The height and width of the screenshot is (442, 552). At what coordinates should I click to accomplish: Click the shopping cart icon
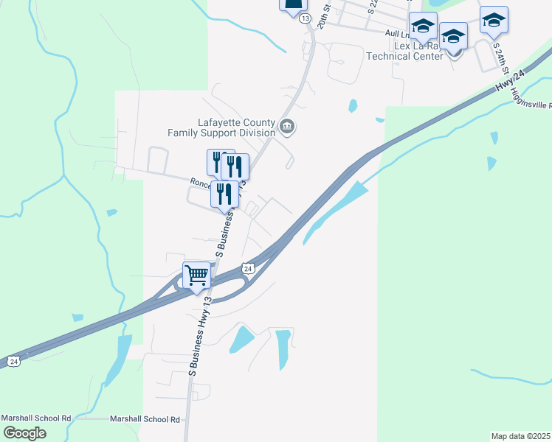click(x=196, y=276)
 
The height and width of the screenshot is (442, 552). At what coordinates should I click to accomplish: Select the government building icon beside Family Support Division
click(x=288, y=127)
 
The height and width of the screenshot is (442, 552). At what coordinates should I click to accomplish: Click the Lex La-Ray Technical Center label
click(x=418, y=51)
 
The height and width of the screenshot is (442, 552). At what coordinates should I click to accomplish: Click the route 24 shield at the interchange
click(x=249, y=269)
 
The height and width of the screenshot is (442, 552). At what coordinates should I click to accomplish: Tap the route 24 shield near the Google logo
click(x=13, y=361)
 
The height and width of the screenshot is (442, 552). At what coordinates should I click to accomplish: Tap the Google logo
click(x=24, y=432)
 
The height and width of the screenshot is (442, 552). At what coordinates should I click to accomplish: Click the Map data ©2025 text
click(x=521, y=436)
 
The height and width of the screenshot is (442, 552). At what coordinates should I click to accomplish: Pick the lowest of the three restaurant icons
click(x=224, y=194)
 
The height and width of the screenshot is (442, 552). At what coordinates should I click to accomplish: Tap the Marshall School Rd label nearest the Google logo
click(x=36, y=418)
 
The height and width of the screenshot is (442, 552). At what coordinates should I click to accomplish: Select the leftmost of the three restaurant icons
click(x=220, y=162)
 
